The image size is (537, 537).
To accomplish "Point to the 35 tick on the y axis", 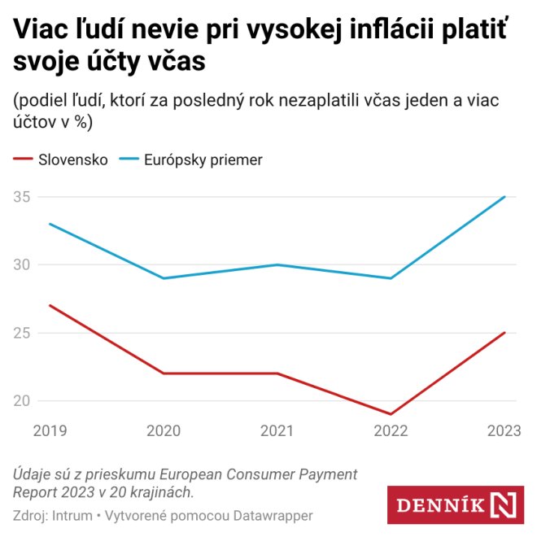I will click(22, 196).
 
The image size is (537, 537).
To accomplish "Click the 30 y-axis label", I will click(22, 264).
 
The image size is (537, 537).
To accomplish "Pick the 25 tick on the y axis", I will click(22, 332).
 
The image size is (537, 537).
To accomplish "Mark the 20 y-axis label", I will click(22, 400).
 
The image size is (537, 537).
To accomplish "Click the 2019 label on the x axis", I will click(50, 431).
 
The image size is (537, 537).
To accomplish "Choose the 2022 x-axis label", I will click(391, 431).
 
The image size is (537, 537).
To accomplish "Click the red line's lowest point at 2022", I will click(391, 414).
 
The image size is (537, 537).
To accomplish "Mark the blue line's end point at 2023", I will click(505, 196).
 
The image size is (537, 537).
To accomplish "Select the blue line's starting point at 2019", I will click(50, 224).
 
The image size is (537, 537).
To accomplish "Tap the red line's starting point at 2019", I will click(50, 305).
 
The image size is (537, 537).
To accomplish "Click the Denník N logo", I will click(455, 505).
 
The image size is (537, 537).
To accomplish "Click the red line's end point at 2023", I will click(505, 332).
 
